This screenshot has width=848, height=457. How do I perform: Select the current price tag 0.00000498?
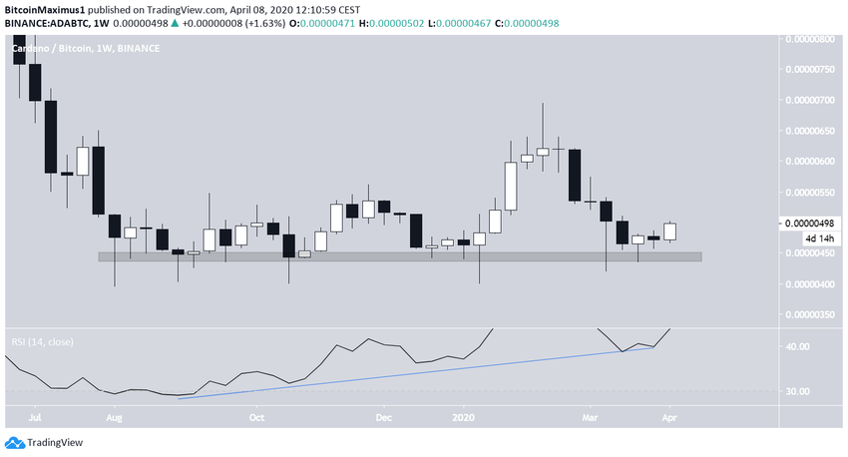tap(811, 223)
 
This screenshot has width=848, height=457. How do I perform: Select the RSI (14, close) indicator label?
tap(43, 341)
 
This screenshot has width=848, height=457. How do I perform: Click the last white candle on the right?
tap(669, 230)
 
